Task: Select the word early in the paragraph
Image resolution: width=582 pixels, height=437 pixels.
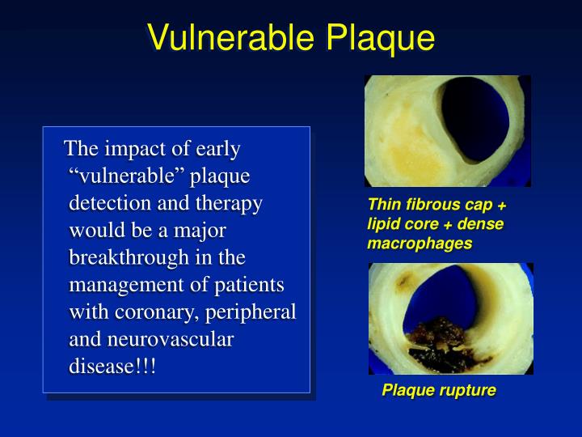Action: pos(219,149)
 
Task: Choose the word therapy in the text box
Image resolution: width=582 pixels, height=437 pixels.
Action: pos(231,203)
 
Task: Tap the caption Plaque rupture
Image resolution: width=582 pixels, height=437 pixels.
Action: pos(438,391)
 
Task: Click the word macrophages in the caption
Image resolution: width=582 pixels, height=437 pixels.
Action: pos(420,244)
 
